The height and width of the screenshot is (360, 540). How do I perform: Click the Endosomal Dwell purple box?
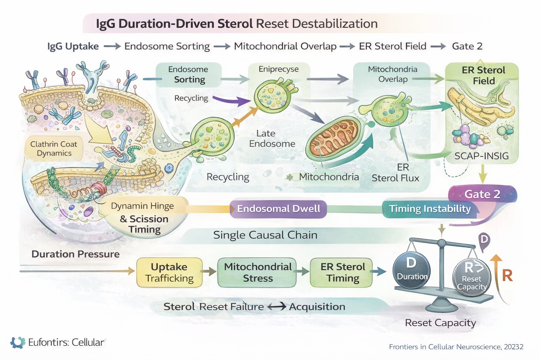coord(278,209)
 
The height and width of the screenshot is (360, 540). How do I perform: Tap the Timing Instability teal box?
coord(430,209)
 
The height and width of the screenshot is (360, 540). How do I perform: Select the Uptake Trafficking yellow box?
coord(169,272)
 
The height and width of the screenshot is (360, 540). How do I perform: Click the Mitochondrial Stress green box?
coord(257,272)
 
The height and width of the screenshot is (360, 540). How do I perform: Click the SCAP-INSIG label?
coord(481,156)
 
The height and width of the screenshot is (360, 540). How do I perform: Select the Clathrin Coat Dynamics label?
coord(53,149)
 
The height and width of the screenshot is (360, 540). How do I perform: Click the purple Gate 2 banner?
coord(482,194)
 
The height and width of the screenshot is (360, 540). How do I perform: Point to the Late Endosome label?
coord(272,139)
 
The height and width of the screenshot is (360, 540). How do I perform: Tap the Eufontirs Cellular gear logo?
coord(18,342)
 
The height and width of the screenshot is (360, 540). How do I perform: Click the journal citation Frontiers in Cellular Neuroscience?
coord(456,347)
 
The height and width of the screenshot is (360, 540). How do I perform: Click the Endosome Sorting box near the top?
coord(188,75)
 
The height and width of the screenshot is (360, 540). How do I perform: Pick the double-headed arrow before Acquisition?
coord(277,307)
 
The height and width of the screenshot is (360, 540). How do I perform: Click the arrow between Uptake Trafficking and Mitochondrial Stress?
coord(210,271)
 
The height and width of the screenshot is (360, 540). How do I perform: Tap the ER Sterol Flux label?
coord(396,173)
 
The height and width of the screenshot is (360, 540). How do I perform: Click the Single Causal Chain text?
coord(265,235)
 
